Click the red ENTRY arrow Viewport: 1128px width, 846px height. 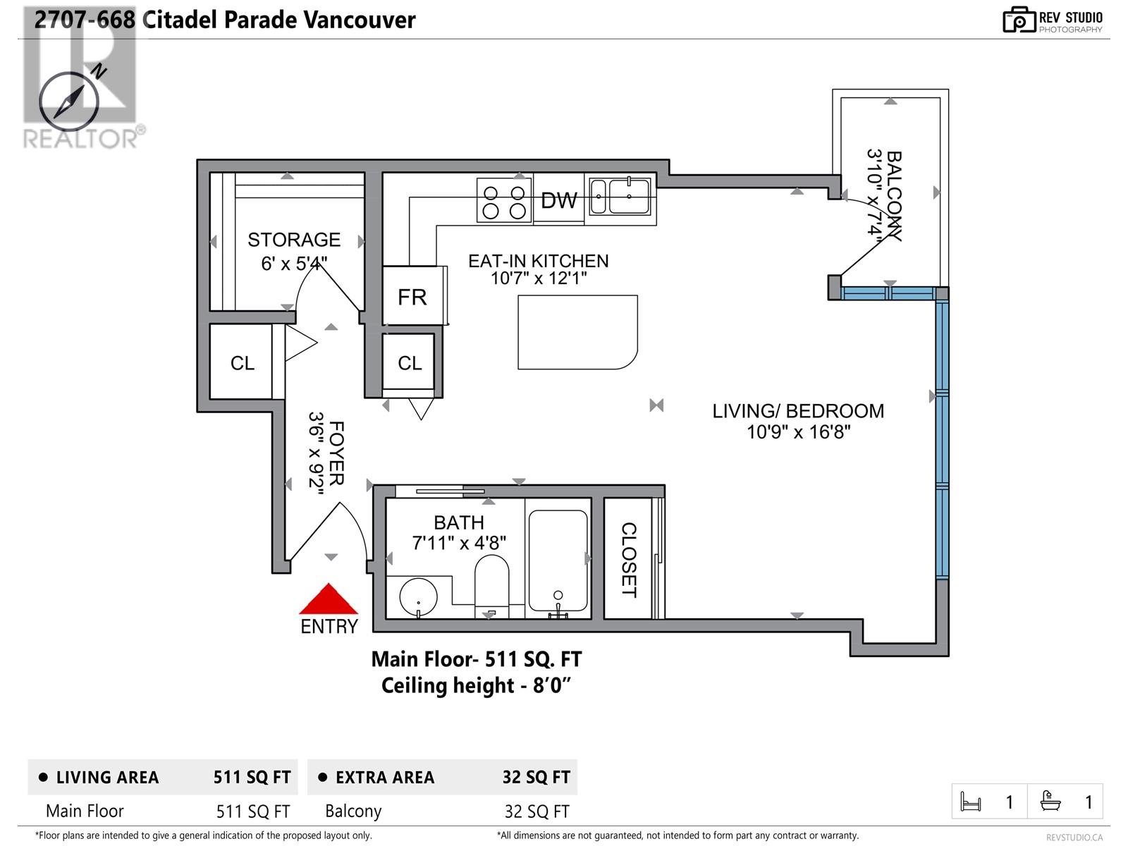pos(329,599)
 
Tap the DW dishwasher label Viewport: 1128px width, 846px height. pos(558,200)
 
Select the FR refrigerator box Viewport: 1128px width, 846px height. pos(413,295)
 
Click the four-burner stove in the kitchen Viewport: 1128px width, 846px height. pos(503,200)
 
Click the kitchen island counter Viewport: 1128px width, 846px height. pos(577,332)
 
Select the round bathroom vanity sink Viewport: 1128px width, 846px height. pos(418,597)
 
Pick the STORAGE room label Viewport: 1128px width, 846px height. pos(294,240)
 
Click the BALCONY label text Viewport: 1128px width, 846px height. pos(894,196)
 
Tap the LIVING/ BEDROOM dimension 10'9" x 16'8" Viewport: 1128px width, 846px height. pos(799,432)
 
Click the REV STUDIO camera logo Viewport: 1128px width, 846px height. pos(1019,20)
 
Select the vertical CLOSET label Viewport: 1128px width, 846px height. pos(629,560)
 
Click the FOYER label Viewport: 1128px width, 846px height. pos(336,453)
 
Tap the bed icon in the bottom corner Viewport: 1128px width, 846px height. pos(971,802)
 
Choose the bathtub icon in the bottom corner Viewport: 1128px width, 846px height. pos(1050,802)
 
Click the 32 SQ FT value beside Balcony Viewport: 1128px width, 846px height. pos(537,811)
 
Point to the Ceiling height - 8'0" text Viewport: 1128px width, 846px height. pos(477,686)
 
